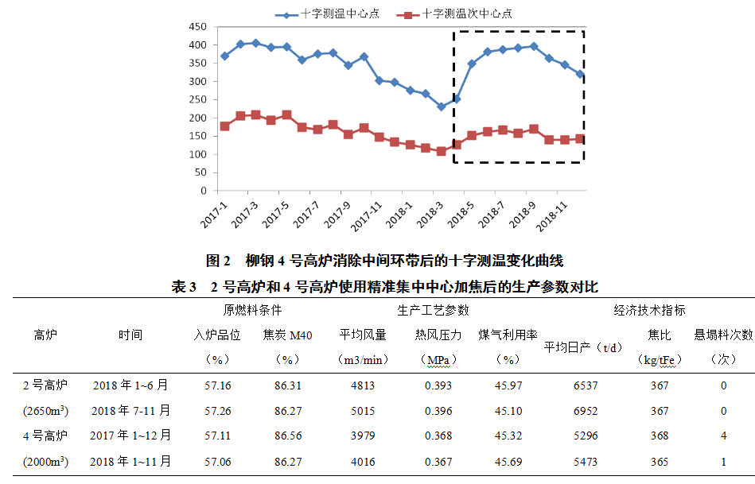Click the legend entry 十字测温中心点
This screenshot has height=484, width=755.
(337, 14)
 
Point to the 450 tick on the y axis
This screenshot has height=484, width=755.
(197, 26)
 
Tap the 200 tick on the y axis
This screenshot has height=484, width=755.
(197, 118)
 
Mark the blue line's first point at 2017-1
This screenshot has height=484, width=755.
(224, 56)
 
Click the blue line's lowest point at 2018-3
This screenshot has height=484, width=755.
(441, 106)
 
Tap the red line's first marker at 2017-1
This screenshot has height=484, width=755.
(224, 126)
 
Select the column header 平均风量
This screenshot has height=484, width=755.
(364, 335)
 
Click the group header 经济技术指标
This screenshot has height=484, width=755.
(649, 310)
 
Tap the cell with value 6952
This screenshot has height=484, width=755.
(585, 411)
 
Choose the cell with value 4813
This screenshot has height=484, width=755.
(364, 385)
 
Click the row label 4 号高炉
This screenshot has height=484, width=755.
(45, 436)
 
